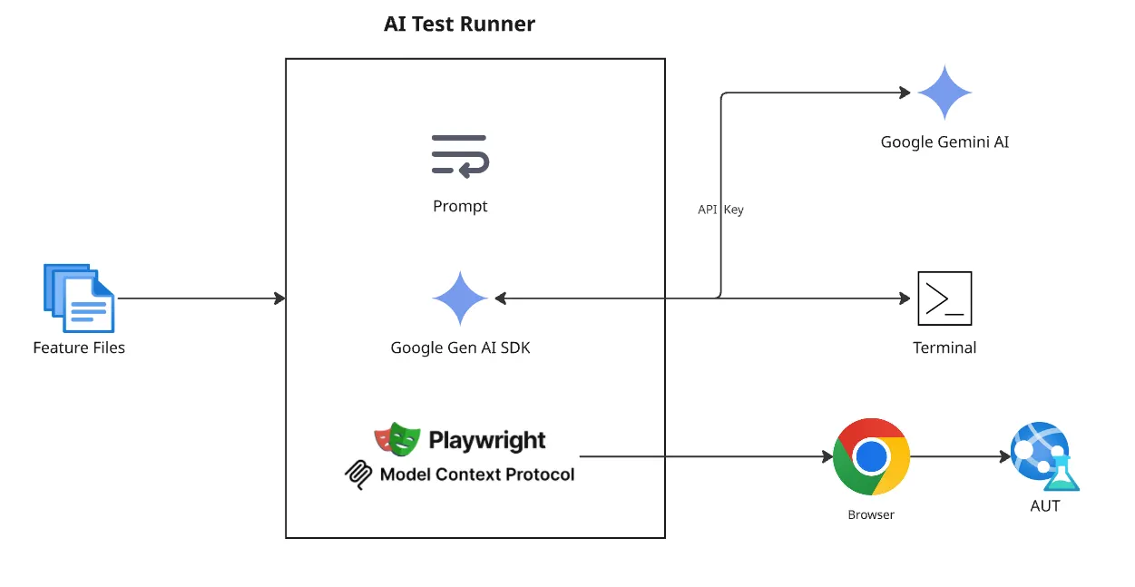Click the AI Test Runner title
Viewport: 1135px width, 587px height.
[459, 24]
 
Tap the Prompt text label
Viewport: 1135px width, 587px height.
[460, 206]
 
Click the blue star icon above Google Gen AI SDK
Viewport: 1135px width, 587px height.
[460, 298]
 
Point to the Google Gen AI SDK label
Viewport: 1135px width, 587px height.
[460, 347]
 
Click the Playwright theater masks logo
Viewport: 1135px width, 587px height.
[396, 440]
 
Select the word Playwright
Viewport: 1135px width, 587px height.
[487, 441]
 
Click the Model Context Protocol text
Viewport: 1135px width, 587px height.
[477, 474]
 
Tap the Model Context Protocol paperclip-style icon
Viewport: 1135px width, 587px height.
[359, 474]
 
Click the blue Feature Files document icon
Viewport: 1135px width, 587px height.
[79, 298]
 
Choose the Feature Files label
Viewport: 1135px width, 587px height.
[79, 347]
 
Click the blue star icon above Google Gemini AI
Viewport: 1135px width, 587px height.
[944, 93]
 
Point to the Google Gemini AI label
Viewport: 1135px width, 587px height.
[944, 142]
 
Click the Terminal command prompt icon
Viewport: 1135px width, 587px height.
[944, 298]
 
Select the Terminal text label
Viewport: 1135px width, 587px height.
[944, 347]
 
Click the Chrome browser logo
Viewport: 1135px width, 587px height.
[871, 456]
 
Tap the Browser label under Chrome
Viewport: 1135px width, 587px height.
[871, 514]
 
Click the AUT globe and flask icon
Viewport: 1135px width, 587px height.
[1044, 455]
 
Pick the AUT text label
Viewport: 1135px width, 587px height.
[1045, 506]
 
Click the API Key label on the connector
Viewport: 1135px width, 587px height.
[720, 210]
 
